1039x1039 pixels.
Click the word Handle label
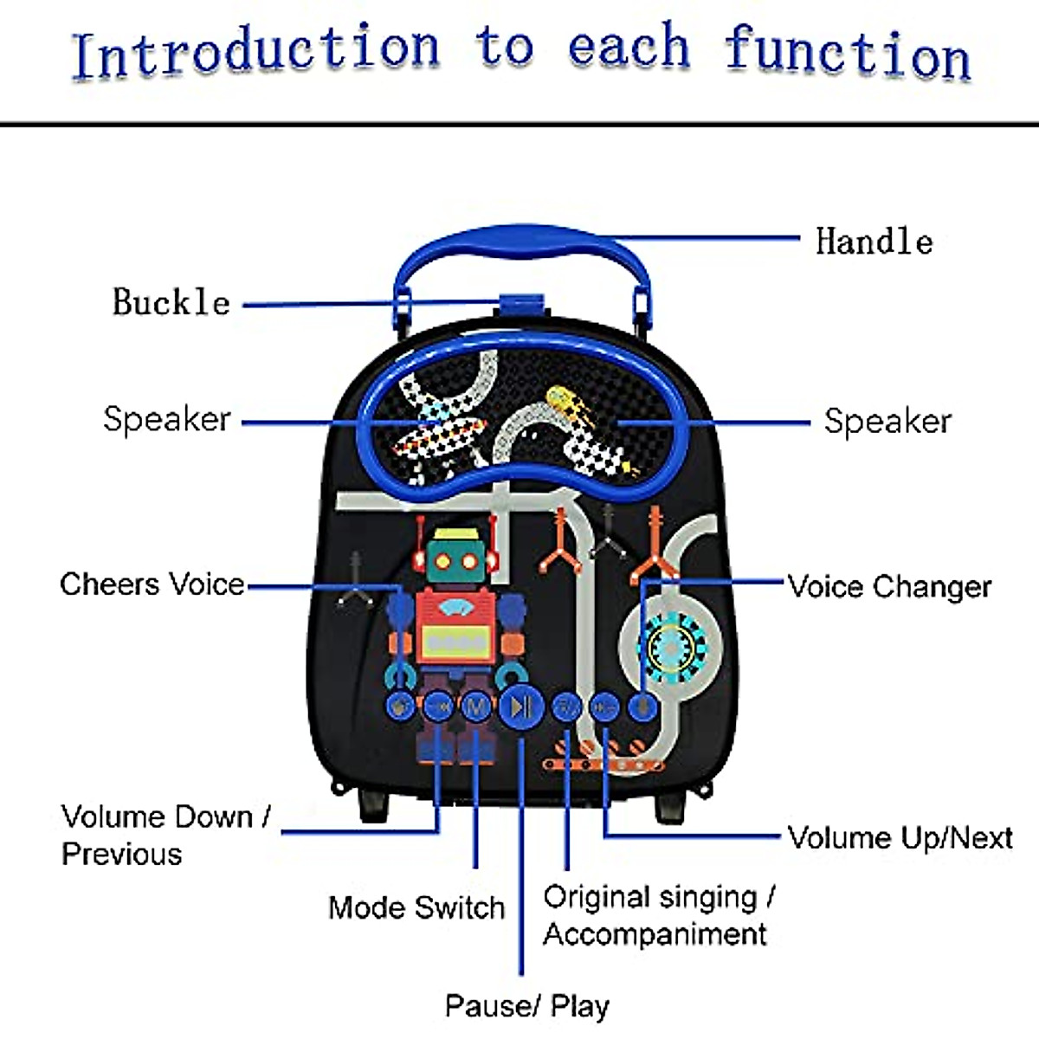874,241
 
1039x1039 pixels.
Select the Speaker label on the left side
167,419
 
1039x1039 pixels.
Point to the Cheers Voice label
152,584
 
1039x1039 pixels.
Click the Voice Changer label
890,586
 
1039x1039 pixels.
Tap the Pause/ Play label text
526,1005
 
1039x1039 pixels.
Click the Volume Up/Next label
900,837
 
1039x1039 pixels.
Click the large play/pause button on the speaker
521,707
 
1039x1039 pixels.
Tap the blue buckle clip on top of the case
521,305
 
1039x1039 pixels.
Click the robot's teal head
455,560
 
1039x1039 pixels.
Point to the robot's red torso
455,625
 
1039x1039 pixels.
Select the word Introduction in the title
255,52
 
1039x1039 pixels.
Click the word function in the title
847,52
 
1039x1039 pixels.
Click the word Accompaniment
655,934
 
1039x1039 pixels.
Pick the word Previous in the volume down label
121,854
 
